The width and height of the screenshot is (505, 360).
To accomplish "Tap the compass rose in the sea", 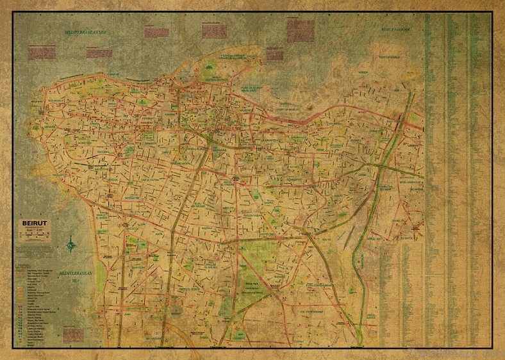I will point(70,244).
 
